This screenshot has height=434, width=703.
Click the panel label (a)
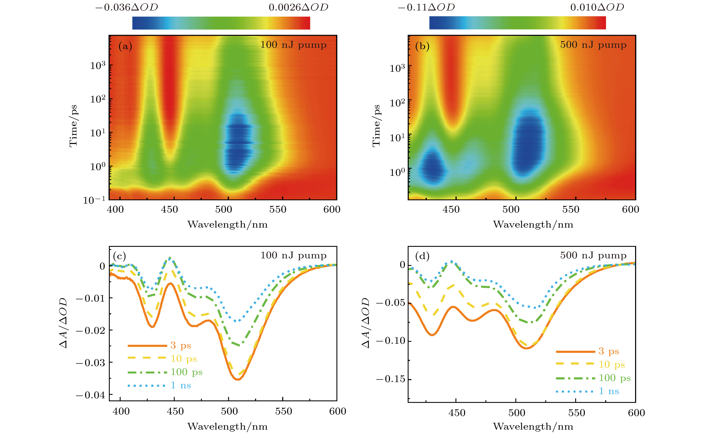point(125,46)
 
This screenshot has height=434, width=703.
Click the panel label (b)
point(422,46)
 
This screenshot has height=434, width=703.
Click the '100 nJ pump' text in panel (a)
point(293,45)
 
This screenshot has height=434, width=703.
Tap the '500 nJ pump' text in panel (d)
point(593,255)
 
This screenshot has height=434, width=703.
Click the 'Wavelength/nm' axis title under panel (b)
point(533,224)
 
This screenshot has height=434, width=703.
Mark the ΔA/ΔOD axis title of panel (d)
point(365,323)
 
